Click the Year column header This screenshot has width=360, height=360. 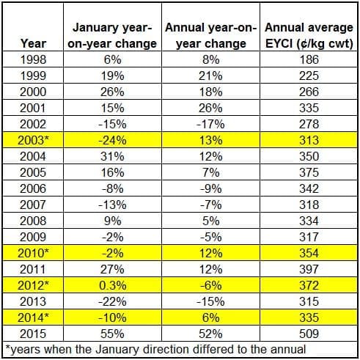[33, 43]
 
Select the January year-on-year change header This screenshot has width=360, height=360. [112, 35]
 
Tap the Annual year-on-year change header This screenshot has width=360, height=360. [210, 35]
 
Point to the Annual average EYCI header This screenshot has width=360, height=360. [309, 35]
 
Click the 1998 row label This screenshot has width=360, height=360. [33, 59]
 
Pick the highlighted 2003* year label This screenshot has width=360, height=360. [33, 140]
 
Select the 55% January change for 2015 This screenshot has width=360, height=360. [112, 334]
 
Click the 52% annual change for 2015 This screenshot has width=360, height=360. [210, 334]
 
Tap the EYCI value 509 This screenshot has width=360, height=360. [309, 334]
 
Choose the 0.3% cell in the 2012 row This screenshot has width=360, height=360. [112, 285]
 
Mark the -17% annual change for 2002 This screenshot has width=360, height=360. [210, 124]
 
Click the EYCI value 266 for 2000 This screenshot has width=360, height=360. [309, 92]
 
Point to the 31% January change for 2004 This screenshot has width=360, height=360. [112, 156]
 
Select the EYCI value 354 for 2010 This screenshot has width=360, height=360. [309, 253]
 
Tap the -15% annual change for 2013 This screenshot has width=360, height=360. [210, 301]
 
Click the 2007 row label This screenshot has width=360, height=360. [33, 205]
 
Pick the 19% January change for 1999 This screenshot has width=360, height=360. [112, 76]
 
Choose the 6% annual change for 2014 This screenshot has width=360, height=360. [210, 317]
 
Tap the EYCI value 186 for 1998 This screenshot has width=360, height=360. [309, 59]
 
